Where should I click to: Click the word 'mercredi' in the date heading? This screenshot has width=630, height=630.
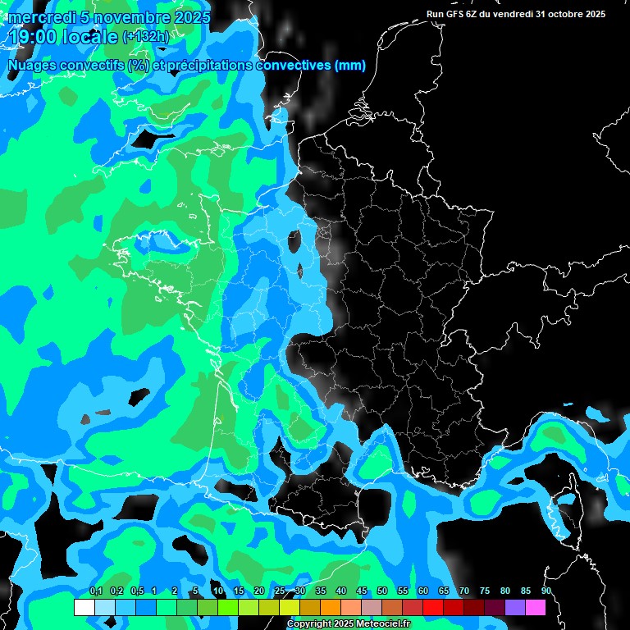pyautogui.click(x=41, y=16)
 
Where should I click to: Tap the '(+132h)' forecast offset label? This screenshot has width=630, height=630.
pyautogui.click(x=145, y=37)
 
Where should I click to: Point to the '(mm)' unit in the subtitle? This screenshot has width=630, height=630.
pyautogui.click(x=349, y=66)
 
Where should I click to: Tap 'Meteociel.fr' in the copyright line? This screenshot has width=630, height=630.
pyautogui.click(x=380, y=624)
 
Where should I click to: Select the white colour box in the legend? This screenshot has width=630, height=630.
pyautogui.click(x=84, y=607)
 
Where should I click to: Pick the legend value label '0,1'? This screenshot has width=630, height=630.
pyautogui.click(x=95, y=591)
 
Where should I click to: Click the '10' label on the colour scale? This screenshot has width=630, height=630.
pyautogui.click(x=218, y=591)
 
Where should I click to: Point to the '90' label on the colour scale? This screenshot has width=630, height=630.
pyautogui.click(x=546, y=591)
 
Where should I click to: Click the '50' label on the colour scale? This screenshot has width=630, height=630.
pyautogui.click(x=382, y=591)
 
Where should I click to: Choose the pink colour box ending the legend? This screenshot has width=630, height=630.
pyautogui.click(x=536, y=607)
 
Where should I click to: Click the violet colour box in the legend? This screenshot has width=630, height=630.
pyautogui.click(x=515, y=607)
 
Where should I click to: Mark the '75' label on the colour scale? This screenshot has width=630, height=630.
pyautogui.click(x=485, y=591)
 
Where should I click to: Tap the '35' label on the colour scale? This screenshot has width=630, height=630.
pyautogui.click(x=321, y=591)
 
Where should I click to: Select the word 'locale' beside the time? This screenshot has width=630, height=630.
pyautogui.click(x=93, y=37)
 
